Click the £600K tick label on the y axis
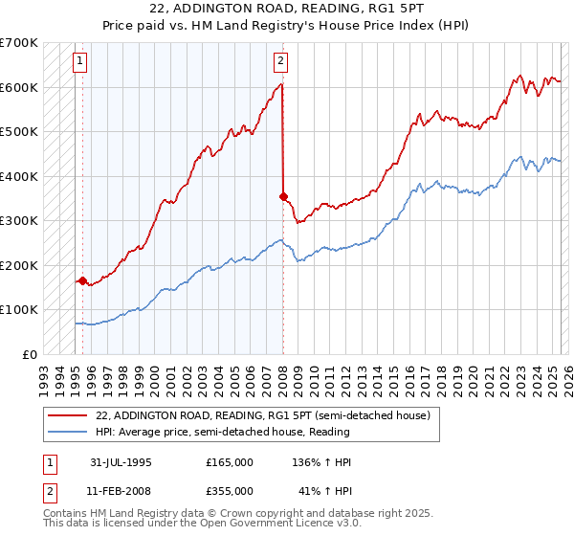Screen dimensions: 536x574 [x=18, y=87]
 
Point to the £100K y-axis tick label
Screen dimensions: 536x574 [x=18, y=310]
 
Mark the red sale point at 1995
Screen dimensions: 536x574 [x=83, y=281]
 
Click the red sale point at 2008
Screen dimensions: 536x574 [x=284, y=196]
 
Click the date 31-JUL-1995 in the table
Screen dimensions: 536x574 [x=121, y=462]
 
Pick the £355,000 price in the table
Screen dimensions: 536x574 [x=230, y=491]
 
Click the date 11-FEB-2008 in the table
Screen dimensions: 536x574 [x=121, y=491]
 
